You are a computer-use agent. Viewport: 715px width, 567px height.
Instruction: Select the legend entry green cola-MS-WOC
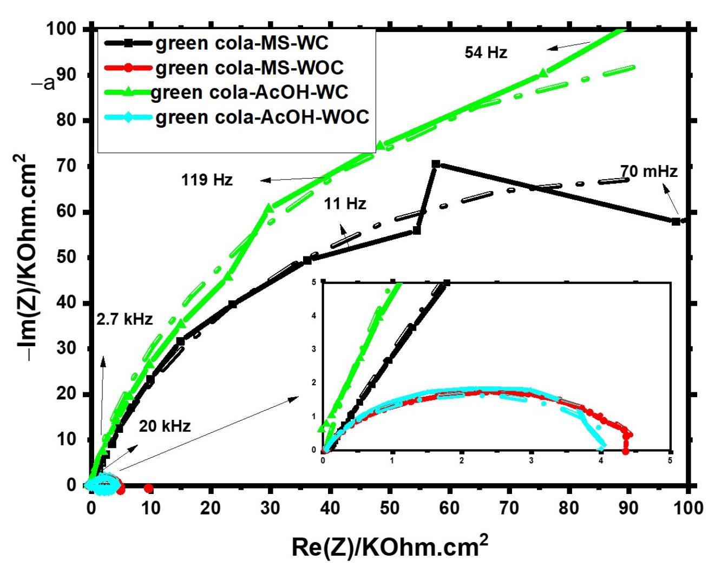[250, 68]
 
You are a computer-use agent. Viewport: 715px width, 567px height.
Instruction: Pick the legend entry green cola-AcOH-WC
[249, 92]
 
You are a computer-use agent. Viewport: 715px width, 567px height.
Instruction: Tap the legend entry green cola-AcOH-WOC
[262, 117]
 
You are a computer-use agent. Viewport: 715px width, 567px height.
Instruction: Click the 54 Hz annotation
[486, 52]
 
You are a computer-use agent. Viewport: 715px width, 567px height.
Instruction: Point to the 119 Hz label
[207, 180]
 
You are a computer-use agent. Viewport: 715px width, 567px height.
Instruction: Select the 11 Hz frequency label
[345, 204]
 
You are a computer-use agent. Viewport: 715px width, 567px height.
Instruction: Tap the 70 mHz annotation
[648, 172]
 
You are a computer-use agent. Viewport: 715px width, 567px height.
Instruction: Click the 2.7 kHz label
[124, 319]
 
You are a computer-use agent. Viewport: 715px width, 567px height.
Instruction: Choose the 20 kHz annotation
[165, 426]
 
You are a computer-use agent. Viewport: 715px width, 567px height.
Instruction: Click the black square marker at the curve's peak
[436, 164]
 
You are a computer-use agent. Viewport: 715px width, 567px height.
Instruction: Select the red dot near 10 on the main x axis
[149, 489]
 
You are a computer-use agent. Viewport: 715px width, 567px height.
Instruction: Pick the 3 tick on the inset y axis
[313, 349]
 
